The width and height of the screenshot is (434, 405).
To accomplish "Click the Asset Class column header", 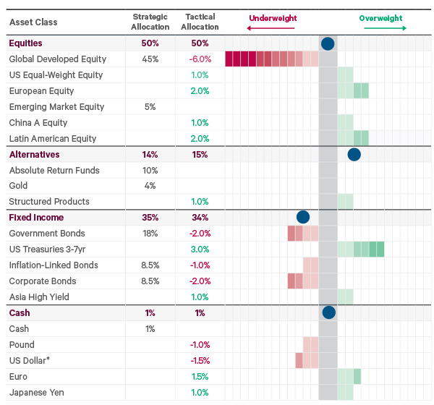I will click(33, 22).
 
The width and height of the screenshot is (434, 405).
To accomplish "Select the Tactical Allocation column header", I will click(200, 21).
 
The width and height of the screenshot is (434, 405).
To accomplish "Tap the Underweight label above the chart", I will click(273, 18).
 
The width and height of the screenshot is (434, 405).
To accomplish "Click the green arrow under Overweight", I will click(384, 28).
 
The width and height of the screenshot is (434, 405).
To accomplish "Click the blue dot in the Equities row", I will click(328, 43).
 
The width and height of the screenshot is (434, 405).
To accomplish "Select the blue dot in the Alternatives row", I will click(354, 154).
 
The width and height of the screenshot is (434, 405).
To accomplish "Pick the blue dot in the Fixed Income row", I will click(303, 217).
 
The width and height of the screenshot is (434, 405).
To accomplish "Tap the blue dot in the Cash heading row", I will click(328, 312).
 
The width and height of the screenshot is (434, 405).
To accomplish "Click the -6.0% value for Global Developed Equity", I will click(199, 59).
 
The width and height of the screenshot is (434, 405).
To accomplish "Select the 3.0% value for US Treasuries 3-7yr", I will click(200, 250).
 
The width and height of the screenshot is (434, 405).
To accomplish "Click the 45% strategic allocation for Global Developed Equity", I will click(150, 59).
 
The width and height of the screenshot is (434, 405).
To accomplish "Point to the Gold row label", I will click(20, 186).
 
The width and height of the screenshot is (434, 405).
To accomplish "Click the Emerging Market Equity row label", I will click(56, 107).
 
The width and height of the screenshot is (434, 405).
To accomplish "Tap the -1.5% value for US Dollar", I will click(199, 360).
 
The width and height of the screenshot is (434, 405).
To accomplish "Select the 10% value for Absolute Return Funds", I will click(150, 170).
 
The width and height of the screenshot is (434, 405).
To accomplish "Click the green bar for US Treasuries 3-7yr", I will click(360, 250).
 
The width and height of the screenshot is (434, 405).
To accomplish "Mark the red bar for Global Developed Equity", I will click(271, 59).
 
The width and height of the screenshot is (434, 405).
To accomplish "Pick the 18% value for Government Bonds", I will click(150, 234).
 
